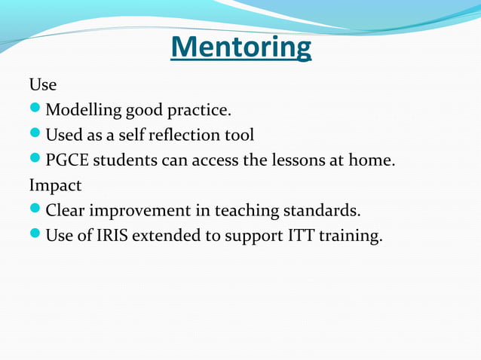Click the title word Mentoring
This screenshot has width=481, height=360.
tap(240, 48)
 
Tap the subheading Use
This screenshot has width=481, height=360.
tap(42, 85)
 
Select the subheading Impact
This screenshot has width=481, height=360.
tap(55, 185)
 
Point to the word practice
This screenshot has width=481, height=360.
tap(198, 111)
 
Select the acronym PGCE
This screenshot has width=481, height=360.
tap(66, 160)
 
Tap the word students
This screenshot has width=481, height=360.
tap(123, 160)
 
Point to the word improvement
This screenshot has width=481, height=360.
tap(142, 210)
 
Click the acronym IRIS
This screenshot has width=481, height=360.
tap(103, 235)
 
